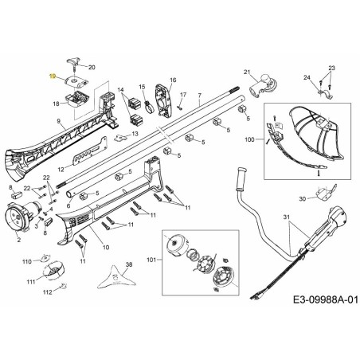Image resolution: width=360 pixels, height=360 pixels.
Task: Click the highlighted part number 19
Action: pos(52,76)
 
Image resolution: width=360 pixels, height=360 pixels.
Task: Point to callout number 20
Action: pos(92,68)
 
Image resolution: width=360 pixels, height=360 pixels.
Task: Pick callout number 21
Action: pos(247,72)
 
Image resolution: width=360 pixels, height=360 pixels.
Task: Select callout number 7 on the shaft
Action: pos(200,98)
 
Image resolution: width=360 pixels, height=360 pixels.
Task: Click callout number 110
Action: pos(27,261)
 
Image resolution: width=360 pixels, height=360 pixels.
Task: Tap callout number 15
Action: pos(142,87)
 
